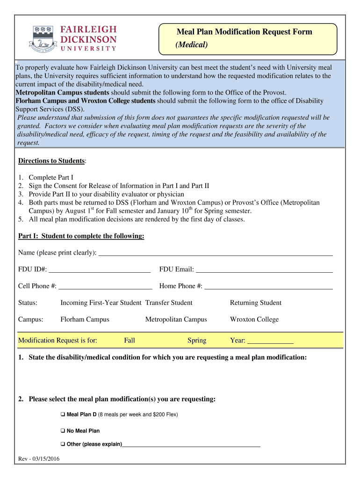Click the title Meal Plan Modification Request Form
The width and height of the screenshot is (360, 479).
pos(244,32)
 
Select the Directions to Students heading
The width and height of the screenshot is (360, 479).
pos(52,161)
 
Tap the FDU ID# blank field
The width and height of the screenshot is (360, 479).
pos(99,269)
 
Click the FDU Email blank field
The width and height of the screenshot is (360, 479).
pos(264,269)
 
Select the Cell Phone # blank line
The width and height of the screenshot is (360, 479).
pos(105,286)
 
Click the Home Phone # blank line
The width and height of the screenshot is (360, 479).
pos(268,286)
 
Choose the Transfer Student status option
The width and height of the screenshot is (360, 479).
pos(169,303)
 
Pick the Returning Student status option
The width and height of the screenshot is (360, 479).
pos(255,303)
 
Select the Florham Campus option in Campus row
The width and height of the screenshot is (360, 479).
pos(85,319)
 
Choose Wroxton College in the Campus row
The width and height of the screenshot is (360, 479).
pos(254,319)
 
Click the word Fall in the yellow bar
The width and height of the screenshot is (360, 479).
pos(130,341)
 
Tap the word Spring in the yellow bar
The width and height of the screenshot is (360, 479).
pos(197,341)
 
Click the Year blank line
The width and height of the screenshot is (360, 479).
pos(270,341)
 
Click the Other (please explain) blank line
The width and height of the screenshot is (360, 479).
pos(191,444)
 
